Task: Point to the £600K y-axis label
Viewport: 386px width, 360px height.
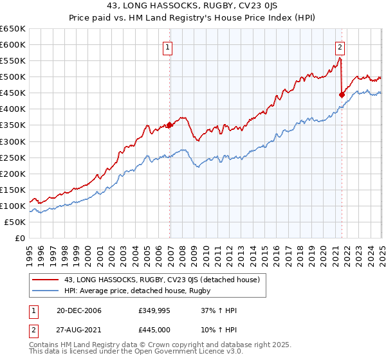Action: [x=13, y=44]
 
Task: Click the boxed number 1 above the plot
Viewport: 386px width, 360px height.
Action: [x=167, y=46]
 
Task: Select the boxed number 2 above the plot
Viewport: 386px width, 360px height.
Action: [x=339, y=46]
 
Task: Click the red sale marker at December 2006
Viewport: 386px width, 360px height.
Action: [x=170, y=125]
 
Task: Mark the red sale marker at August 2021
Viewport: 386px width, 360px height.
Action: [x=342, y=94]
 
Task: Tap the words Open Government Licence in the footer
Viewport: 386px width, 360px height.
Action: [x=197, y=352]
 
